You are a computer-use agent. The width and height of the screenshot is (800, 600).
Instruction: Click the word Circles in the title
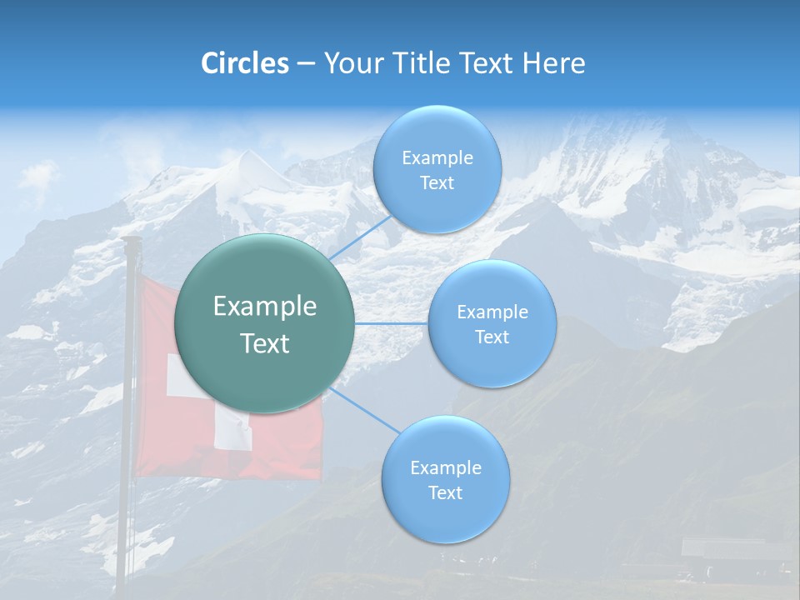[245, 63]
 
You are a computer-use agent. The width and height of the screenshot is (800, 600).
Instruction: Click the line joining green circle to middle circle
[392, 323]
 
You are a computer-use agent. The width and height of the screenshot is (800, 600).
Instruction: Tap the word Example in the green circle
[265, 307]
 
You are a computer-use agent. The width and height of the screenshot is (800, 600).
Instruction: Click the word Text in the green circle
[265, 343]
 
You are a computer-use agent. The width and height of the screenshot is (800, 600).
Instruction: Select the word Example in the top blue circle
[437, 157]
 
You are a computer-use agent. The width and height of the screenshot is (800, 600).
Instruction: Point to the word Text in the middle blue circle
[492, 337]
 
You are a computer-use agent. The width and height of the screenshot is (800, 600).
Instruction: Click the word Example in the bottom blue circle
[445, 467]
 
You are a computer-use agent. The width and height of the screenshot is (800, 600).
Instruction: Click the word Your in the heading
[350, 63]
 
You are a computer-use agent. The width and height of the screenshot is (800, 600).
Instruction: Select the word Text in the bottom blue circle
[445, 492]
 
